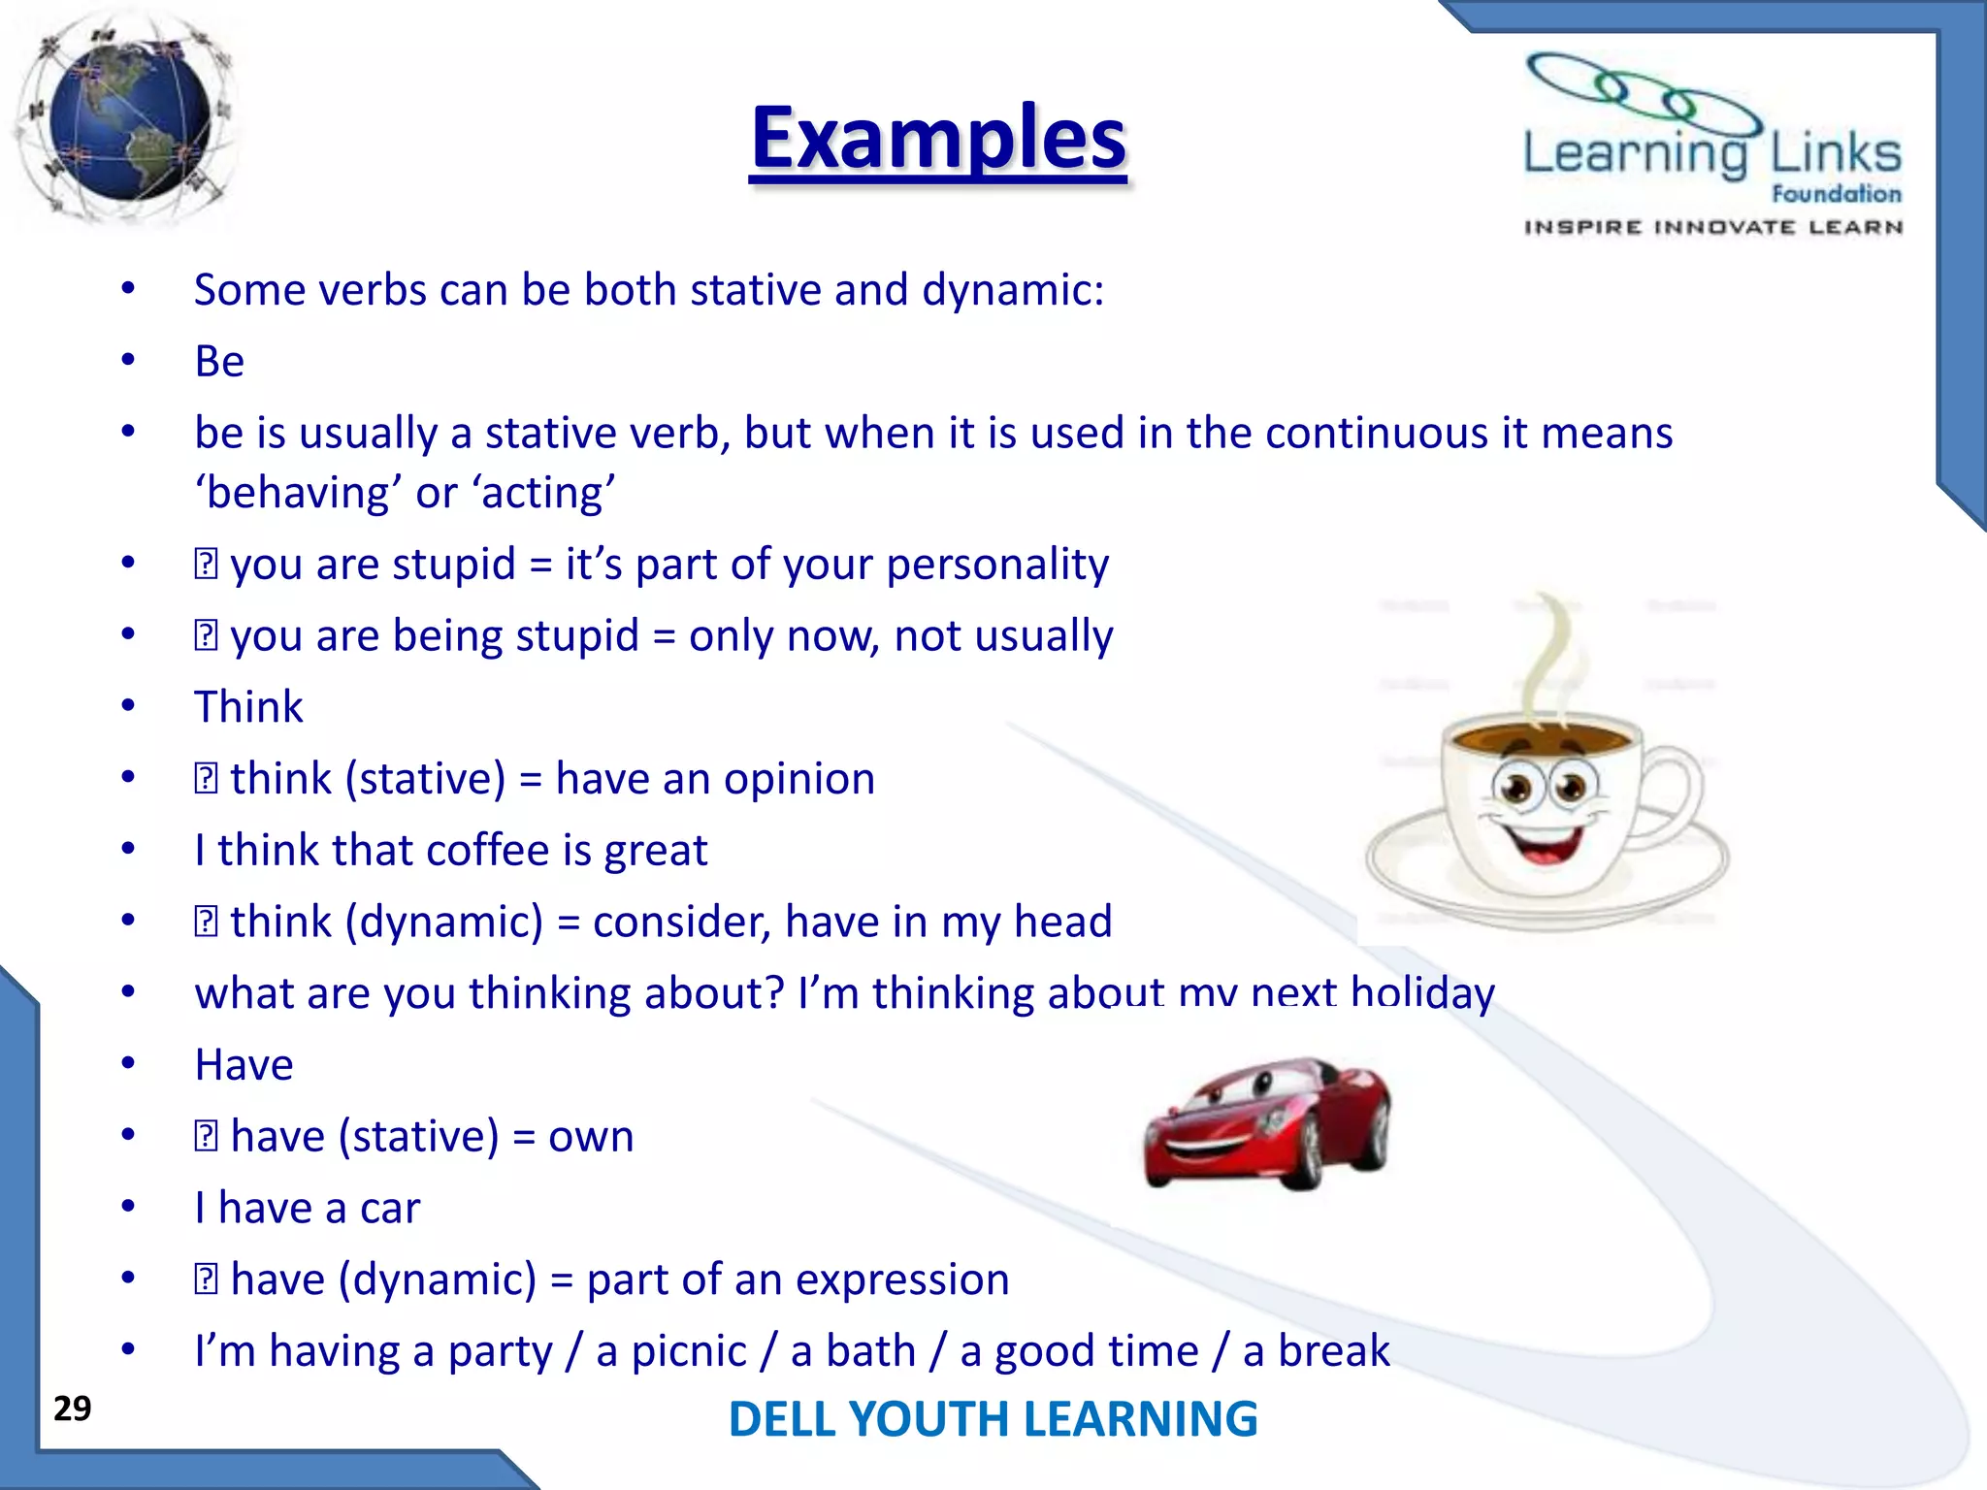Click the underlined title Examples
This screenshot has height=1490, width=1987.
pyautogui.click(x=938, y=138)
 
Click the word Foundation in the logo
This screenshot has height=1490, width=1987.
pyautogui.click(x=1836, y=194)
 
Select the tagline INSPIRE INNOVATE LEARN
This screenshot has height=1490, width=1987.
pyautogui.click(x=1712, y=227)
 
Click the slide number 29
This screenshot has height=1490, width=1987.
pyautogui.click(x=73, y=1409)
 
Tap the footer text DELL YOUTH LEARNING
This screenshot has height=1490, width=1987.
pyautogui.click(x=993, y=1418)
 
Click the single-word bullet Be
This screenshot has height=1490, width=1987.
pyautogui.click(x=219, y=362)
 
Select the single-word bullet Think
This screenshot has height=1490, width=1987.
pyautogui.click(x=248, y=706)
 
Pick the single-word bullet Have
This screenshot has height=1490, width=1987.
pyautogui.click(x=244, y=1064)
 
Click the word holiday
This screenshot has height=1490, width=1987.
pyautogui.click(x=1422, y=993)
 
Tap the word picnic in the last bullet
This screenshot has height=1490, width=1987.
pyautogui.click(x=689, y=1351)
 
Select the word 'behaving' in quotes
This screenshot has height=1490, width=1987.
pyautogui.click(x=300, y=494)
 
